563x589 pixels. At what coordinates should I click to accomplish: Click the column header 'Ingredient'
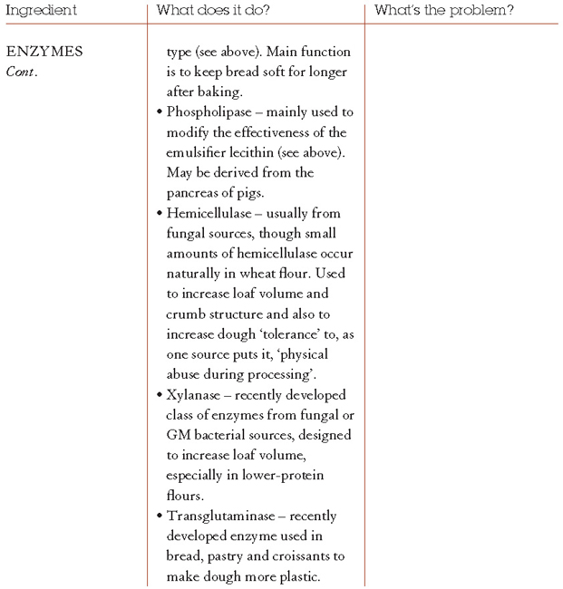click(41, 11)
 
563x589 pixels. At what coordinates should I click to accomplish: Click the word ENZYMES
click(44, 52)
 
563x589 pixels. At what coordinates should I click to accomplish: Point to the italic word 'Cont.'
click(22, 72)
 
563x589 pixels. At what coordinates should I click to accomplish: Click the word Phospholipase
click(209, 111)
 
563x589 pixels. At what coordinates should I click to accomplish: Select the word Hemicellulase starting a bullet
click(211, 213)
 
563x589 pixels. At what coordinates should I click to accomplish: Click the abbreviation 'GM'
click(179, 435)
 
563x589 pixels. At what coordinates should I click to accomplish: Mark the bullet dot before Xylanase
click(160, 396)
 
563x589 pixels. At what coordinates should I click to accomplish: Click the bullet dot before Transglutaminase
click(160, 517)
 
